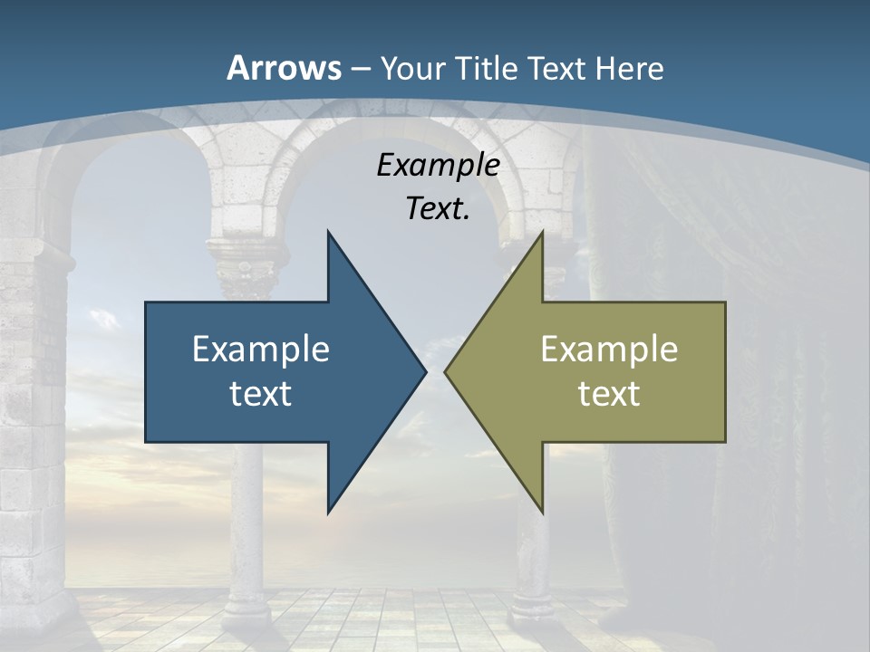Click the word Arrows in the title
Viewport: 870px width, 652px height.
click(284, 68)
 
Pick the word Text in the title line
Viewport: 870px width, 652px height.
click(558, 69)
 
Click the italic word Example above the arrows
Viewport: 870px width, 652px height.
click(438, 166)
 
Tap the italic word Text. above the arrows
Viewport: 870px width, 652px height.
click(438, 209)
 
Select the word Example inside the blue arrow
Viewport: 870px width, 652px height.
click(261, 350)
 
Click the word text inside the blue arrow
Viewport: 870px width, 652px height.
click(261, 393)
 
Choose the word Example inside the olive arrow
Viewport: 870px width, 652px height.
click(609, 350)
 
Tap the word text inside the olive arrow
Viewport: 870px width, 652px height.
click(609, 393)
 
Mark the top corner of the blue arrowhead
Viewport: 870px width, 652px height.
click(329, 233)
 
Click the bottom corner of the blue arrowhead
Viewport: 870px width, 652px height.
click(329, 512)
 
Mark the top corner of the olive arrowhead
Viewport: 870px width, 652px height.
click(542, 233)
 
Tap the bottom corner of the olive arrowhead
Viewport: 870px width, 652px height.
click(542, 512)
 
